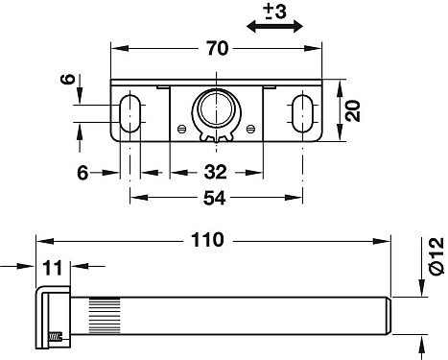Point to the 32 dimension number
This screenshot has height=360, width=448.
point(217,172)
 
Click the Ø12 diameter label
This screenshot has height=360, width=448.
point(435,252)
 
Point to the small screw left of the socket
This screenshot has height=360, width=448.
point(183,127)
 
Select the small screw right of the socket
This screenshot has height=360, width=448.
point(249,127)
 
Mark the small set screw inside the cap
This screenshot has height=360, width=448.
point(54,337)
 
